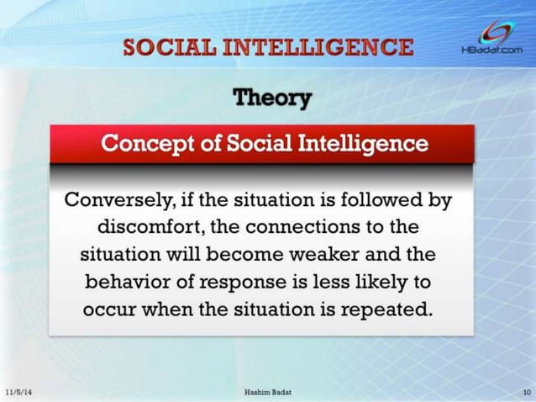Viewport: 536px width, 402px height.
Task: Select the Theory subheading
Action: pyautogui.click(x=271, y=98)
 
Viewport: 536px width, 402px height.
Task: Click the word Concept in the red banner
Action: pyautogui.click(x=142, y=143)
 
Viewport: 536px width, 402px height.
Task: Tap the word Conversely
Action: pyautogui.click(x=114, y=201)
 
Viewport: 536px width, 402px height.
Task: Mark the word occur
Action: pyautogui.click(x=108, y=307)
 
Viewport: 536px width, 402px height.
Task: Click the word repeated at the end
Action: pyautogui.click(x=387, y=307)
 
